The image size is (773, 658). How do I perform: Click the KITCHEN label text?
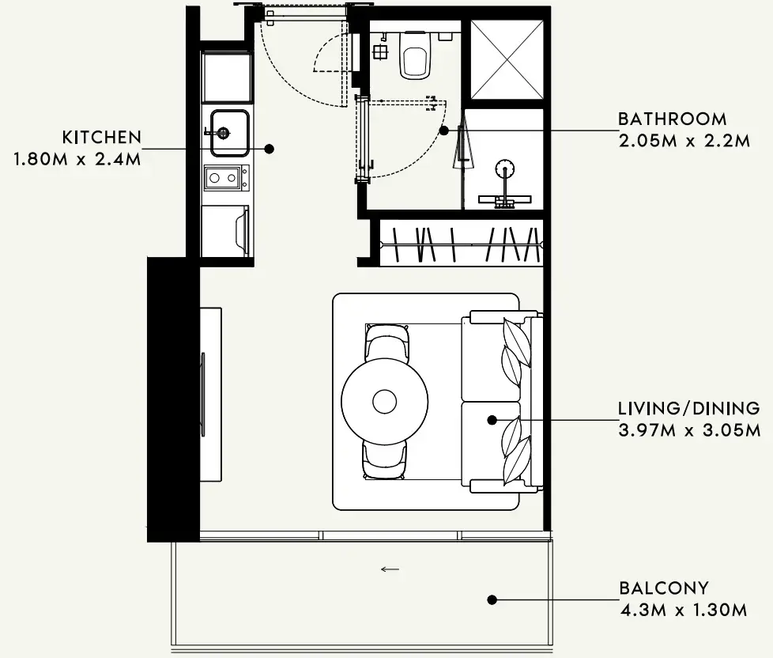point(102,137)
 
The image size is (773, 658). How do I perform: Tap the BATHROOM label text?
point(673,119)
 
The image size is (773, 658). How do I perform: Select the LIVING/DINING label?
point(688,408)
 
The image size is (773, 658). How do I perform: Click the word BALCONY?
point(664,588)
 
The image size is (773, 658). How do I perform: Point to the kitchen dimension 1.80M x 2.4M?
point(77,159)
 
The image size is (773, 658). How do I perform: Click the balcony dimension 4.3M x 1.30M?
point(683,611)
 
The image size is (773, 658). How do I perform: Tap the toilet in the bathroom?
point(415,55)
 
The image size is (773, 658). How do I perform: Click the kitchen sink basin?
point(230,133)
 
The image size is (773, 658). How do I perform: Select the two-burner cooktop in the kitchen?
point(226,178)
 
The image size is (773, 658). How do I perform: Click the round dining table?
point(385,402)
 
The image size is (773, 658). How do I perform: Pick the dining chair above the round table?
point(387,342)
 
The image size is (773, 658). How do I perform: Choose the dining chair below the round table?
point(385,459)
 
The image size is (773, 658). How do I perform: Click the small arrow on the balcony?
point(390,569)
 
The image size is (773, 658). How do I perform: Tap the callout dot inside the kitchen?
point(270,149)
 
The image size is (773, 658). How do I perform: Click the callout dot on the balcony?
point(492,599)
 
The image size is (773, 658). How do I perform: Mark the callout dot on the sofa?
point(492,420)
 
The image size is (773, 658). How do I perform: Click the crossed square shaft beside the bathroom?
point(507,59)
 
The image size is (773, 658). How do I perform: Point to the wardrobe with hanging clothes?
point(461,244)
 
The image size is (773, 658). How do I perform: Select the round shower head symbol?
point(505,168)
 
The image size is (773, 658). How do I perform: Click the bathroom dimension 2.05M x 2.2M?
point(684,141)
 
